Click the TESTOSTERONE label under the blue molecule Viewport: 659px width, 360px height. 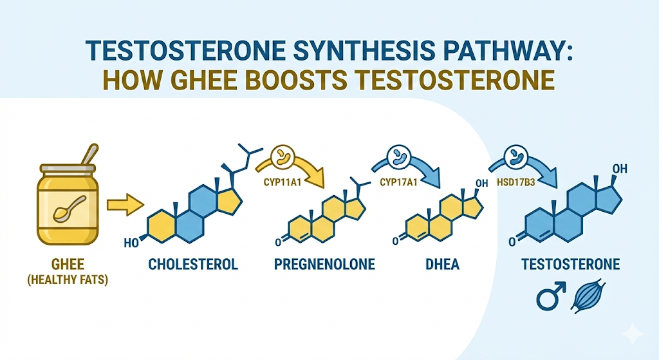point(570,264)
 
